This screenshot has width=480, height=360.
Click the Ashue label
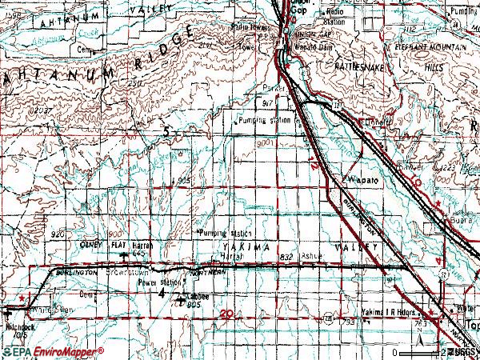click(x=313, y=257)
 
